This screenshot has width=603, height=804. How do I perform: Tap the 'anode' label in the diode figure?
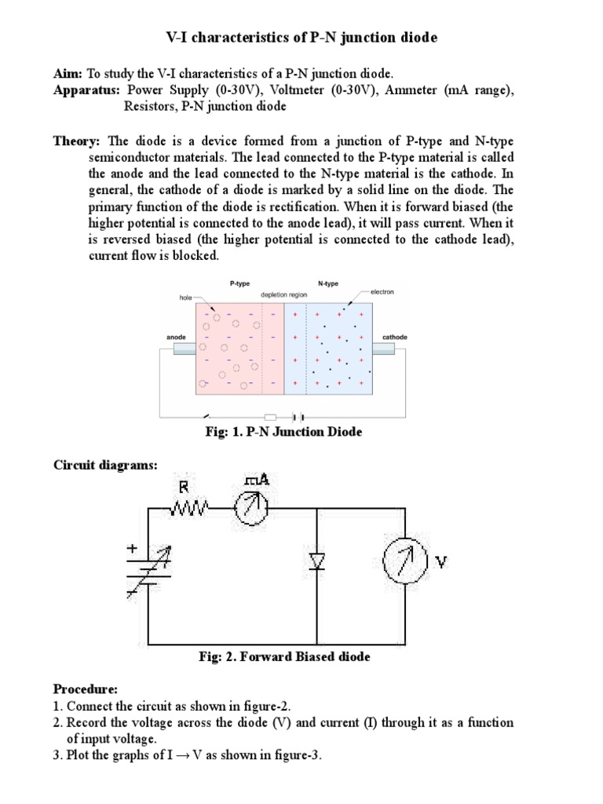[x=177, y=337]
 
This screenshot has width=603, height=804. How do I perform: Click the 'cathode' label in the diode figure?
[x=394, y=337]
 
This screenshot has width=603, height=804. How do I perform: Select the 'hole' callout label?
[x=186, y=298]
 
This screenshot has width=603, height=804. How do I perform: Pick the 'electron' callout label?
[x=382, y=291]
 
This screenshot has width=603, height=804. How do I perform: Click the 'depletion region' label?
[x=283, y=297]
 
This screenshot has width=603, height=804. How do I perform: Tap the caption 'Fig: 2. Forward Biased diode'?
[x=285, y=656]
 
